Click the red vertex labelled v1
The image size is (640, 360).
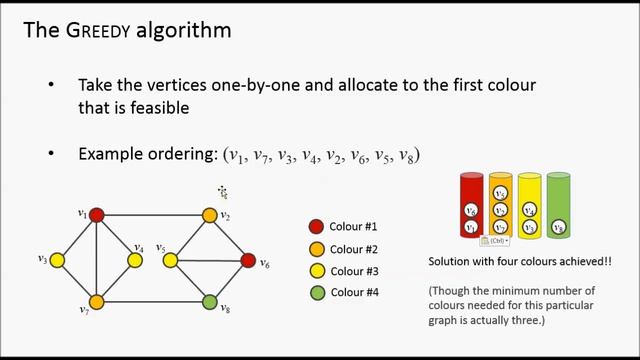pyautogui.click(x=97, y=214)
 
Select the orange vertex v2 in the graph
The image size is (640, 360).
pyautogui.click(x=210, y=215)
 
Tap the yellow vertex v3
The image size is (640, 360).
pyautogui.click(x=57, y=260)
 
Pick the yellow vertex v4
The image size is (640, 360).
pyautogui.click(x=135, y=260)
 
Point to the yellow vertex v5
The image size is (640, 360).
pyautogui.click(x=171, y=260)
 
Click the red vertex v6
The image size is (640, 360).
pyautogui.click(x=248, y=261)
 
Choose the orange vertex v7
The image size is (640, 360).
pyautogui.click(x=97, y=301)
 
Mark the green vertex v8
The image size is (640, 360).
pyautogui.click(x=210, y=301)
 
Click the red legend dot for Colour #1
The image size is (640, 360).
pyautogui.click(x=316, y=227)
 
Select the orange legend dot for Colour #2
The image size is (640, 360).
pyautogui.click(x=316, y=249)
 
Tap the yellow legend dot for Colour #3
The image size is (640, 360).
pyautogui.click(x=316, y=271)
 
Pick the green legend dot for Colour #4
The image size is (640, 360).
pyautogui.click(x=316, y=293)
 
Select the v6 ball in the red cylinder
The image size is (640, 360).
pyautogui.click(x=471, y=210)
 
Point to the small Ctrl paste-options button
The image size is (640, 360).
pyautogui.click(x=494, y=241)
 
